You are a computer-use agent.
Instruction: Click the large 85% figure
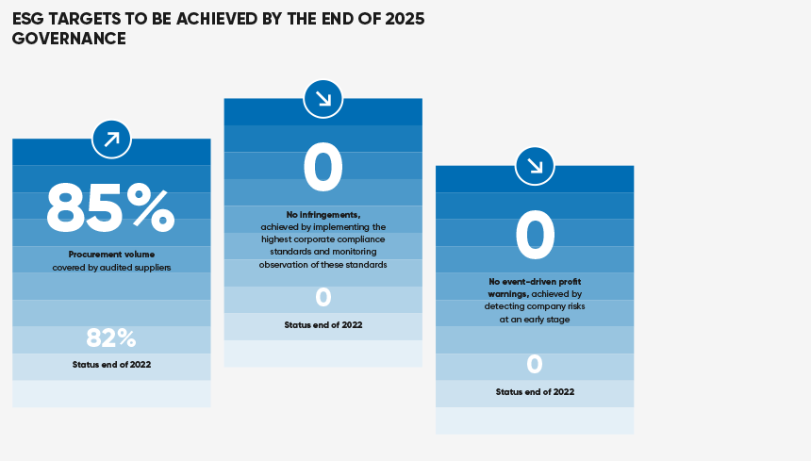pyautogui.click(x=110, y=208)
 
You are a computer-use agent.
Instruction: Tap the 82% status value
pyautogui.click(x=111, y=338)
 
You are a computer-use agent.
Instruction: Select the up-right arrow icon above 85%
pyautogui.click(x=111, y=140)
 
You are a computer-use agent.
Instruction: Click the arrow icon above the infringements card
pyautogui.click(x=323, y=99)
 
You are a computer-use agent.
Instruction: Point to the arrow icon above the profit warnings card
pyautogui.click(x=535, y=167)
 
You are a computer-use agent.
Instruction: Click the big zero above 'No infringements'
pyautogui.click(x=323, y=168)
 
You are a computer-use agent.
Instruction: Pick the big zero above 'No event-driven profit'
pyautogui.click(x=535, y=235)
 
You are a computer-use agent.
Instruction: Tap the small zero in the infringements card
pyautogui.click(x=323, y=297)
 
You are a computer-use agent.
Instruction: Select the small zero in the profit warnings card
pyautogui.click(x=535, y=364)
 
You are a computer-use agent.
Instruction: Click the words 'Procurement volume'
pyautogui.click(x=111, y=255)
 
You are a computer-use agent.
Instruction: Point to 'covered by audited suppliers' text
pyautogui.click(x=111, y=268)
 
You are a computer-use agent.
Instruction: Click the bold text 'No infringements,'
pyautogui.click(x=323, y=215)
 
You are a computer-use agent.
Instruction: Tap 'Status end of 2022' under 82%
pyautogui.click(x=111, y=364)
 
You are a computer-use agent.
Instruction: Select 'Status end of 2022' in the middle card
pyautogui.click(x=323, y=325)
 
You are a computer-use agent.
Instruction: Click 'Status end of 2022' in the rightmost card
pyautogui.click(x=535, y=392)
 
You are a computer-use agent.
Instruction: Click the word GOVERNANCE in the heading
pyautogui.click(x=69, y=39)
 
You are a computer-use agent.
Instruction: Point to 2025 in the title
pyautogui.click(x=405, y=19)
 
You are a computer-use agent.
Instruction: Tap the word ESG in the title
pyautogui.click(x=28, y=19)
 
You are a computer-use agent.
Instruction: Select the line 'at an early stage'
pyautogui.click(x=535, y=320)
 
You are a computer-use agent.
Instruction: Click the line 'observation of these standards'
pyautogui.click(x=323, y=265)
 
